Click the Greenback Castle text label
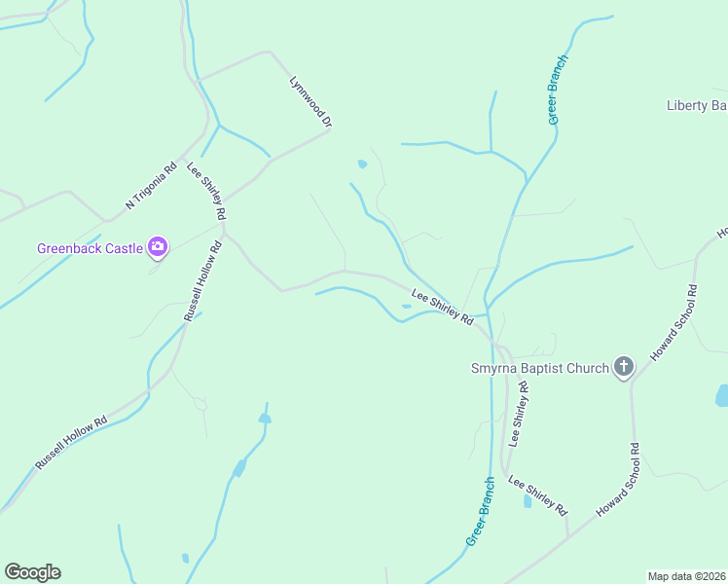90,248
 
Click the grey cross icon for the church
623,368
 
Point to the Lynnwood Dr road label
311,102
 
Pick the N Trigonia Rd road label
151,185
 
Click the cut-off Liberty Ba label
696,105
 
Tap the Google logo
32,571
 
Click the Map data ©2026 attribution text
686,575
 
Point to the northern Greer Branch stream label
557,90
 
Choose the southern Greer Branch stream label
481,511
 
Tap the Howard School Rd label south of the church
619,480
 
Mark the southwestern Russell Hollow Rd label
71,445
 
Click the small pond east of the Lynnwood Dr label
362,164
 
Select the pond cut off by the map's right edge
721,395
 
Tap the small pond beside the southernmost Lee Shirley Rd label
528,501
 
